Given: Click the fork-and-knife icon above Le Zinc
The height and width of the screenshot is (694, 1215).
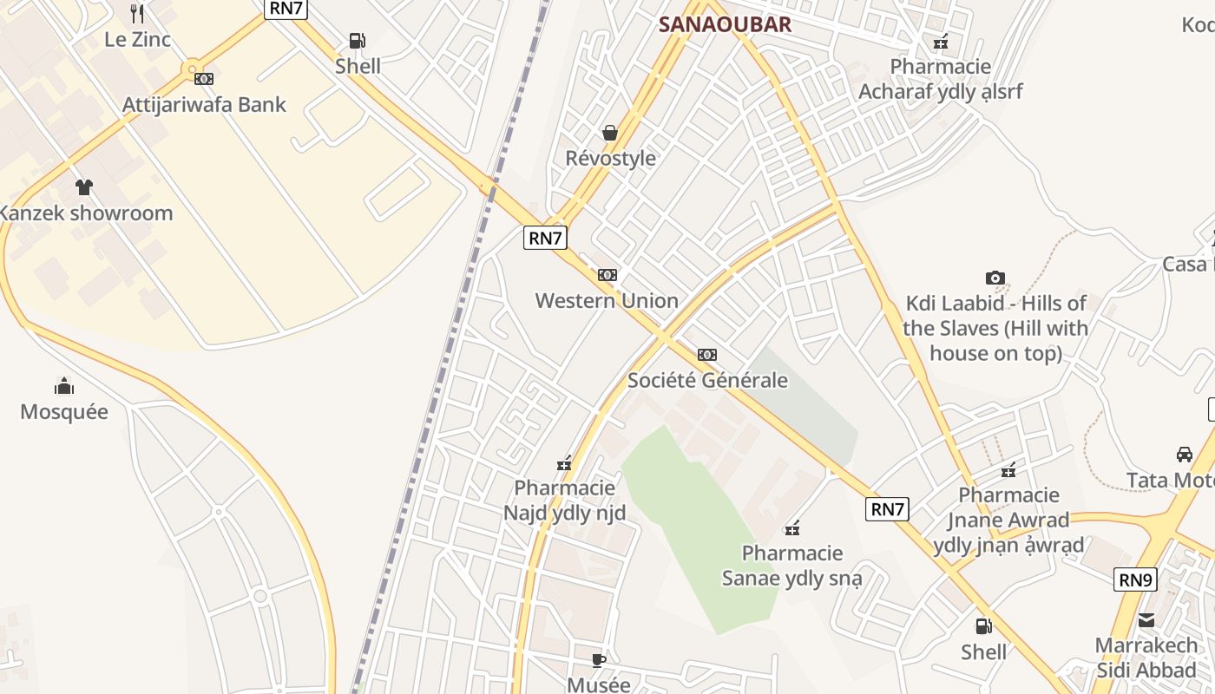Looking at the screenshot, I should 137,13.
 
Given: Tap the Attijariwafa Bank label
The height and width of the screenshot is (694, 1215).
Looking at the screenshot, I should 204,105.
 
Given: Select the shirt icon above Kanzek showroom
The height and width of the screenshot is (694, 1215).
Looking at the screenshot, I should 84,187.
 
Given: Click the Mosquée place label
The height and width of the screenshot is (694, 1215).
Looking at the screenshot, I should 64,411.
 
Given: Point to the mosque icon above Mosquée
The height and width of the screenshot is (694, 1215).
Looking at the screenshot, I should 64,386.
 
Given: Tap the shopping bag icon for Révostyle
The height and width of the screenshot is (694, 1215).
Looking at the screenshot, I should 610,133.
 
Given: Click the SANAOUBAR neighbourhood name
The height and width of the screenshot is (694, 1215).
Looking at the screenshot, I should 725,24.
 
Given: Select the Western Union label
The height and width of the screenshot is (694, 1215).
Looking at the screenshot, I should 607,301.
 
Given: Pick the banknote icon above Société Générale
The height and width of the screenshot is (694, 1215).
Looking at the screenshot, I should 707,355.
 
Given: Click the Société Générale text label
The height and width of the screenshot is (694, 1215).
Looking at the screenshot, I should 707,380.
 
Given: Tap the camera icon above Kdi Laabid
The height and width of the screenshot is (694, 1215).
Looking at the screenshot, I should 995,278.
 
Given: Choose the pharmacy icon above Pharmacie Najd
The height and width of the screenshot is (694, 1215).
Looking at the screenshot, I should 565,463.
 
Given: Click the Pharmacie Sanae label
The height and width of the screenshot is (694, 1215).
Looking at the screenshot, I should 792,566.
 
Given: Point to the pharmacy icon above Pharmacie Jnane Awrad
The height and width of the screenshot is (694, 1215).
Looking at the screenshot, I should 1008,470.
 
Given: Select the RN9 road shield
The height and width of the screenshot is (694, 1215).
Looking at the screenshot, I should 1135,579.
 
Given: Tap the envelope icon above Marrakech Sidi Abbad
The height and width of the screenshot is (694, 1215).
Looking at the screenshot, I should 1146,620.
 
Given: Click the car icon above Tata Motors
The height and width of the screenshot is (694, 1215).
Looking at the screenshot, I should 1185,455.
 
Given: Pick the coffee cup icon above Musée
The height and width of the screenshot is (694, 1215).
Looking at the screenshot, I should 599,660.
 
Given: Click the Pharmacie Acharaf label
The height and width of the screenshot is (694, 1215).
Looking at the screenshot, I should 941,79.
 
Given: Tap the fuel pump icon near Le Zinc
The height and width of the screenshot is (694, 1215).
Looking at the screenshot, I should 357,40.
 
